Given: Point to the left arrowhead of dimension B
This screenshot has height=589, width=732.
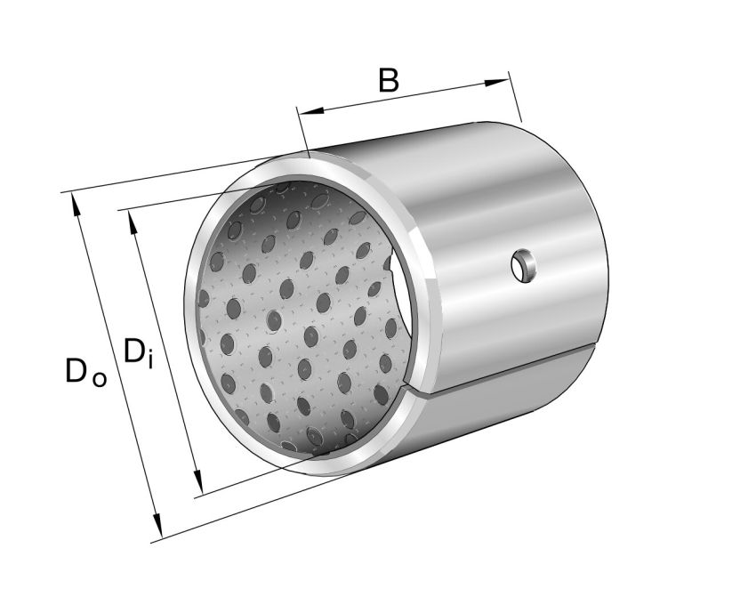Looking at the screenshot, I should click(x=306, y=112).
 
